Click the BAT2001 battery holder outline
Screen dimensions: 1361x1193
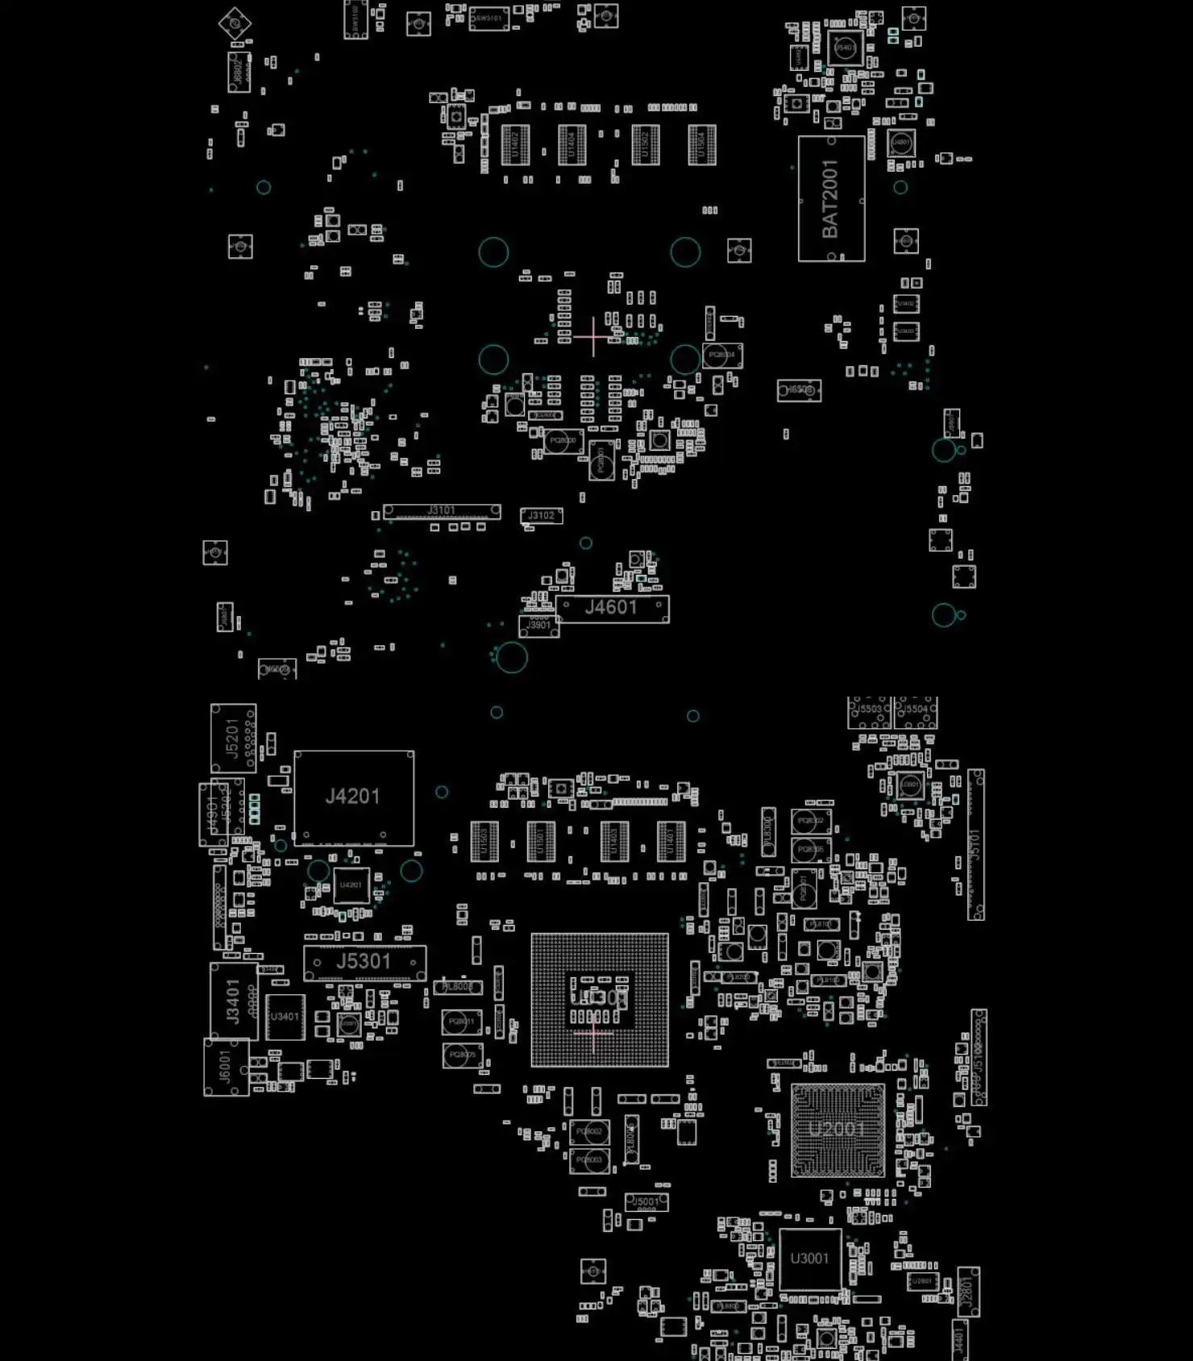point(831,198)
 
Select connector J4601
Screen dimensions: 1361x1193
point(612,609)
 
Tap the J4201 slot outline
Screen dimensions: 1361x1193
point(354,797)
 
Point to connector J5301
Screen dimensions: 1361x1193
point(364,962)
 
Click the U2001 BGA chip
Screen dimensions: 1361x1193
point(838,1130)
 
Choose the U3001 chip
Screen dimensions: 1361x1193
point(810,1259)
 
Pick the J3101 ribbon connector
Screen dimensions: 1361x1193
point(442,511)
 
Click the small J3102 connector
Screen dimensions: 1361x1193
point(542,516)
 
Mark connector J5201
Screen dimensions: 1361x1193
point(233,738)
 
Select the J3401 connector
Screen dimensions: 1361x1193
point(233,1001)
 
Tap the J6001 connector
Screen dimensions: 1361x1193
point(226,1068)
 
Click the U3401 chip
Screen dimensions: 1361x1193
point(285,1018)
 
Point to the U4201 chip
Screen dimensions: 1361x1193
point(351,885)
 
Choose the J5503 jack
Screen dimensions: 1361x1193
point(869,712)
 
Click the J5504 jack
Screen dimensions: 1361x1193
point(916,712)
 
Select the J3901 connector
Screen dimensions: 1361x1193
point(538,626)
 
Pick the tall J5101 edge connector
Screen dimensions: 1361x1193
point(975,844)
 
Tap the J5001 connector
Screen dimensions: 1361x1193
point(646,1202)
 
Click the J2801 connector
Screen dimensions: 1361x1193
point(967,1292)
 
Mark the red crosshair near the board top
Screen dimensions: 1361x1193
point(593,336)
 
